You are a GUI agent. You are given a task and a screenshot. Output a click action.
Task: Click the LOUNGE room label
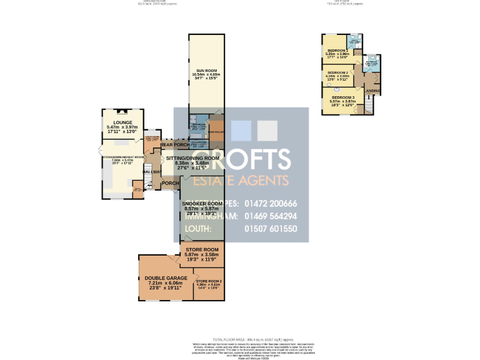[x=122, y=122]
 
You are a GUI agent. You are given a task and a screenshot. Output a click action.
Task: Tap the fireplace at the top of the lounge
[x=122, y=112]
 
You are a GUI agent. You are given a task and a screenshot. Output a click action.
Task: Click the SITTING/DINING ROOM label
[x=192, y=159]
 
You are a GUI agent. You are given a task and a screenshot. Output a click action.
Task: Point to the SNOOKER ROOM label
[x=202, y=204]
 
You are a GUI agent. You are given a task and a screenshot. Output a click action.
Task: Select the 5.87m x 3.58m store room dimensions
[x=202, y=254]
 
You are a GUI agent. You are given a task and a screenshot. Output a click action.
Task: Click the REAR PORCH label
[x=174, y=145]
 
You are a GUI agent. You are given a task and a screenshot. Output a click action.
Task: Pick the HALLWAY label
[x=152, y=172]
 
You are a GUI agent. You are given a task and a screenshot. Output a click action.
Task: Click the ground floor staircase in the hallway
[x=147, y=182]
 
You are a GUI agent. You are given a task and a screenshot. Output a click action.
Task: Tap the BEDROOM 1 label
[x=337, y=50]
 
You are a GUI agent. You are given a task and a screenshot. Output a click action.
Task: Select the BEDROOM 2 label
[x=337, y=72]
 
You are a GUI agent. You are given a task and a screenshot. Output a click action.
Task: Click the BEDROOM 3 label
[x=343, y=97]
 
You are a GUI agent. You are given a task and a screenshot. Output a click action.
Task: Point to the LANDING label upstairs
[x=372, y=92]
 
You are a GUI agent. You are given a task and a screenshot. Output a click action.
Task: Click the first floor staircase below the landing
[x=369, y=107]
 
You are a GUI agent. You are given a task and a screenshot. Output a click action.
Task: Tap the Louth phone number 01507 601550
[x=271, y=229]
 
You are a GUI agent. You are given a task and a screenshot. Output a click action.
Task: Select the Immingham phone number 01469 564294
[x=271, y=216]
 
